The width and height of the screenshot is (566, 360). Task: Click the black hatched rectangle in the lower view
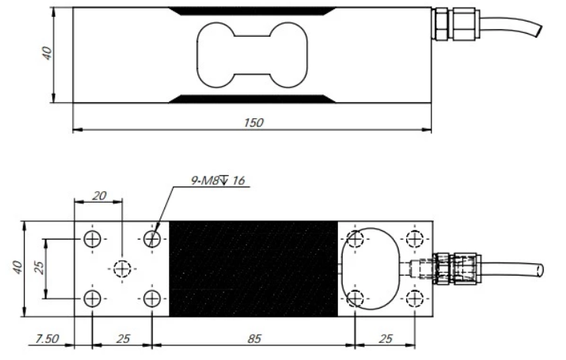click(253, 268)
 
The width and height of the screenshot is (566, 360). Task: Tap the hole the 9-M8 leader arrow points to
click(153, 239)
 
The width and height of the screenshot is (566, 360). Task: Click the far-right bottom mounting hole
click(415, 298)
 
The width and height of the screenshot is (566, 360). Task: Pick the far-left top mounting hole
click(92, 239)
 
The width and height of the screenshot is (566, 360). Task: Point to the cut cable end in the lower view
click(540, 269)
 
